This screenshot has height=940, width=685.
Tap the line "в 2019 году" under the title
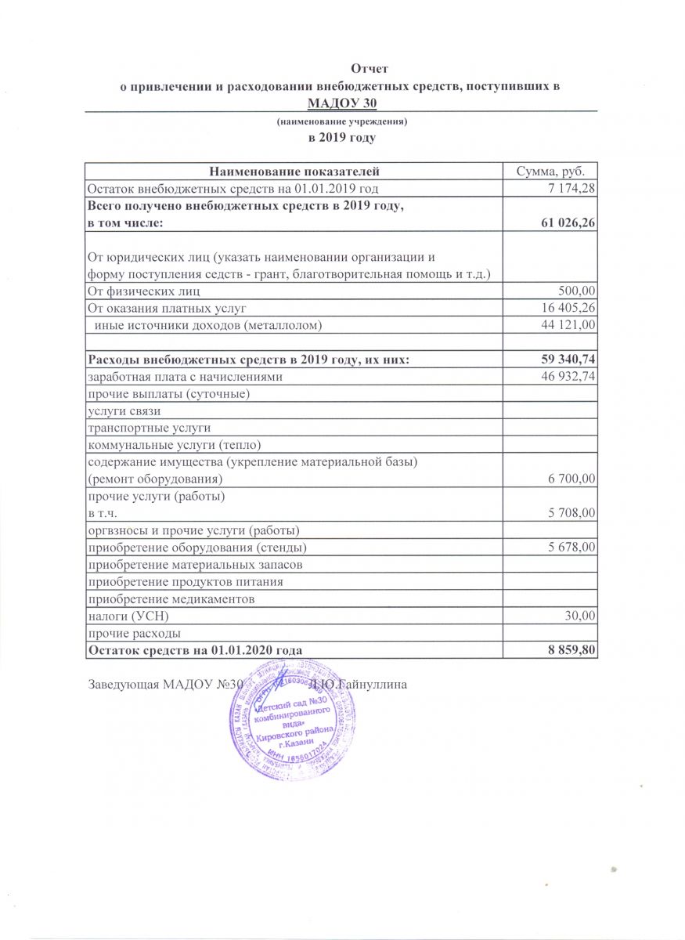pos(342,138)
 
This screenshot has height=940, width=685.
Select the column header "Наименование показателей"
pos(293,171)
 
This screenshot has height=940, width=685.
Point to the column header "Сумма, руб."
pos(550,171)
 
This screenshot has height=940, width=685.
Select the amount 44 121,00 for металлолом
pos(564,324)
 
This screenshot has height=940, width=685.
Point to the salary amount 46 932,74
pos(564,377)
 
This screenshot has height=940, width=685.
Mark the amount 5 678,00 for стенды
pos(569,547)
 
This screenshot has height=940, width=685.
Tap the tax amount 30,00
pos(580,616)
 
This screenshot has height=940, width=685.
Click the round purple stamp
pos(283,721)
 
